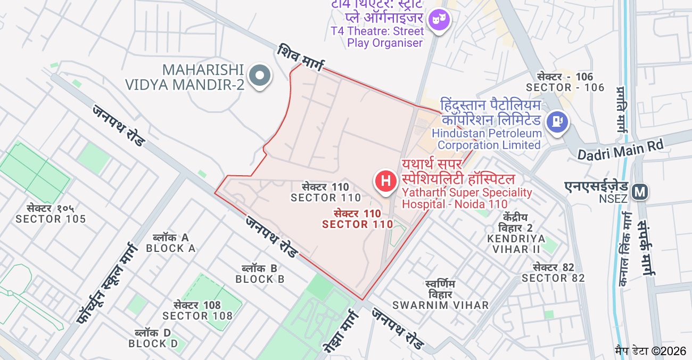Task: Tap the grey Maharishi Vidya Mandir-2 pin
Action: pos(260,76)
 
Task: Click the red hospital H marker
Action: pos(386,181)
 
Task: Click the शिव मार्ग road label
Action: pos(300,58)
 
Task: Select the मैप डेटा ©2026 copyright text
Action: pos(650,351)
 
